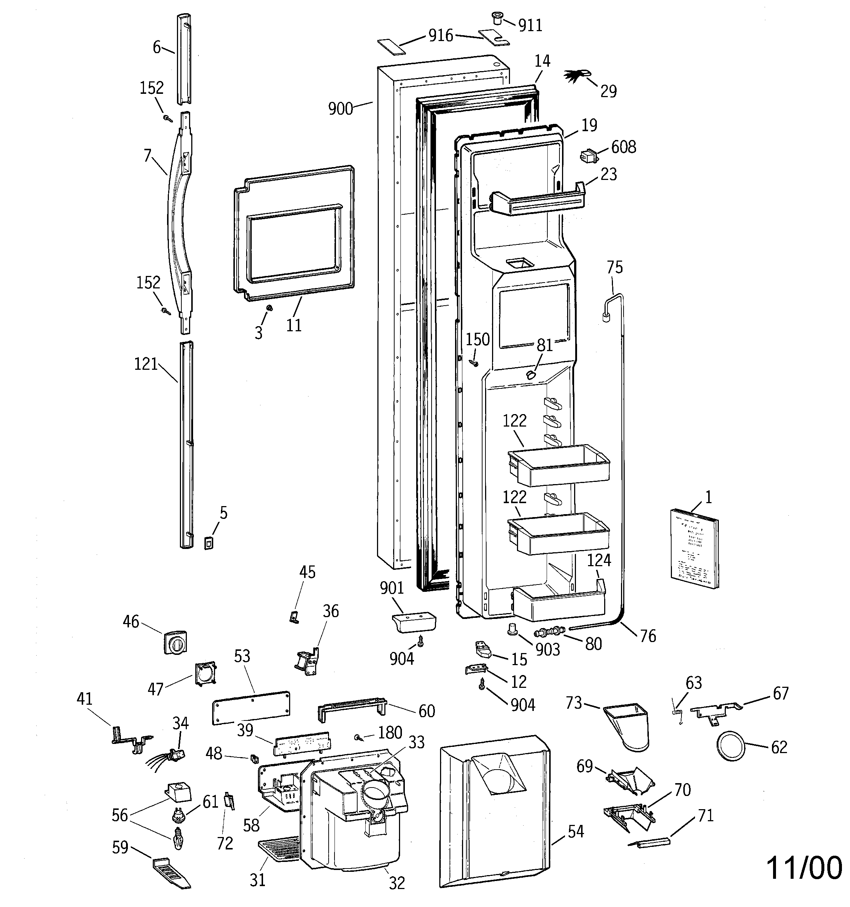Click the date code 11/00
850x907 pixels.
tap(803, 868)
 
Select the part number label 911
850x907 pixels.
tap(530, 26)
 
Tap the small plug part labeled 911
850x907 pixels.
tap(496, 19)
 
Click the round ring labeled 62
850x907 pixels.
tap(731, 747)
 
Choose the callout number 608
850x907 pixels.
tap(623, 147)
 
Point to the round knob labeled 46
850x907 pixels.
tap(175, 643)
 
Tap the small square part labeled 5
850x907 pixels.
tap(208, 544)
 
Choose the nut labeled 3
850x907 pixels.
tap(269, 309)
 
